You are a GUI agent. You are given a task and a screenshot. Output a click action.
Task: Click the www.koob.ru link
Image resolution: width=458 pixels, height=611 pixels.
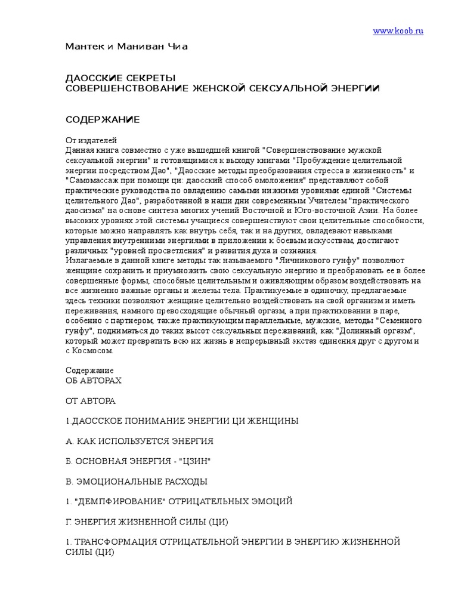[x=398, y=31]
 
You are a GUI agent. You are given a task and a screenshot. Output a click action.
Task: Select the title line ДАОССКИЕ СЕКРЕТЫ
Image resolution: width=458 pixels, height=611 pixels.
[x=120, y=78]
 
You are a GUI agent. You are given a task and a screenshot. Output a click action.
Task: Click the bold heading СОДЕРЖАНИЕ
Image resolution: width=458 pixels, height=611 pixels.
[x=102, y=120]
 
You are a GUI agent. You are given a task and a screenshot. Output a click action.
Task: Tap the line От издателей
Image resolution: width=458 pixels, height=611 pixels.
[x=88, y=140]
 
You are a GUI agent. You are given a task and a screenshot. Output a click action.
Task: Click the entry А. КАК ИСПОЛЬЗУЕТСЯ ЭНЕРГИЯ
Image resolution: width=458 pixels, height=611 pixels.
[x=139, y=441]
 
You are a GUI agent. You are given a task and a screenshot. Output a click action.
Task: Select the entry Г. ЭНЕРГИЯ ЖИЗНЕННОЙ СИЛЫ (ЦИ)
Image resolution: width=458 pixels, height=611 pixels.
[x=147, y=522]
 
